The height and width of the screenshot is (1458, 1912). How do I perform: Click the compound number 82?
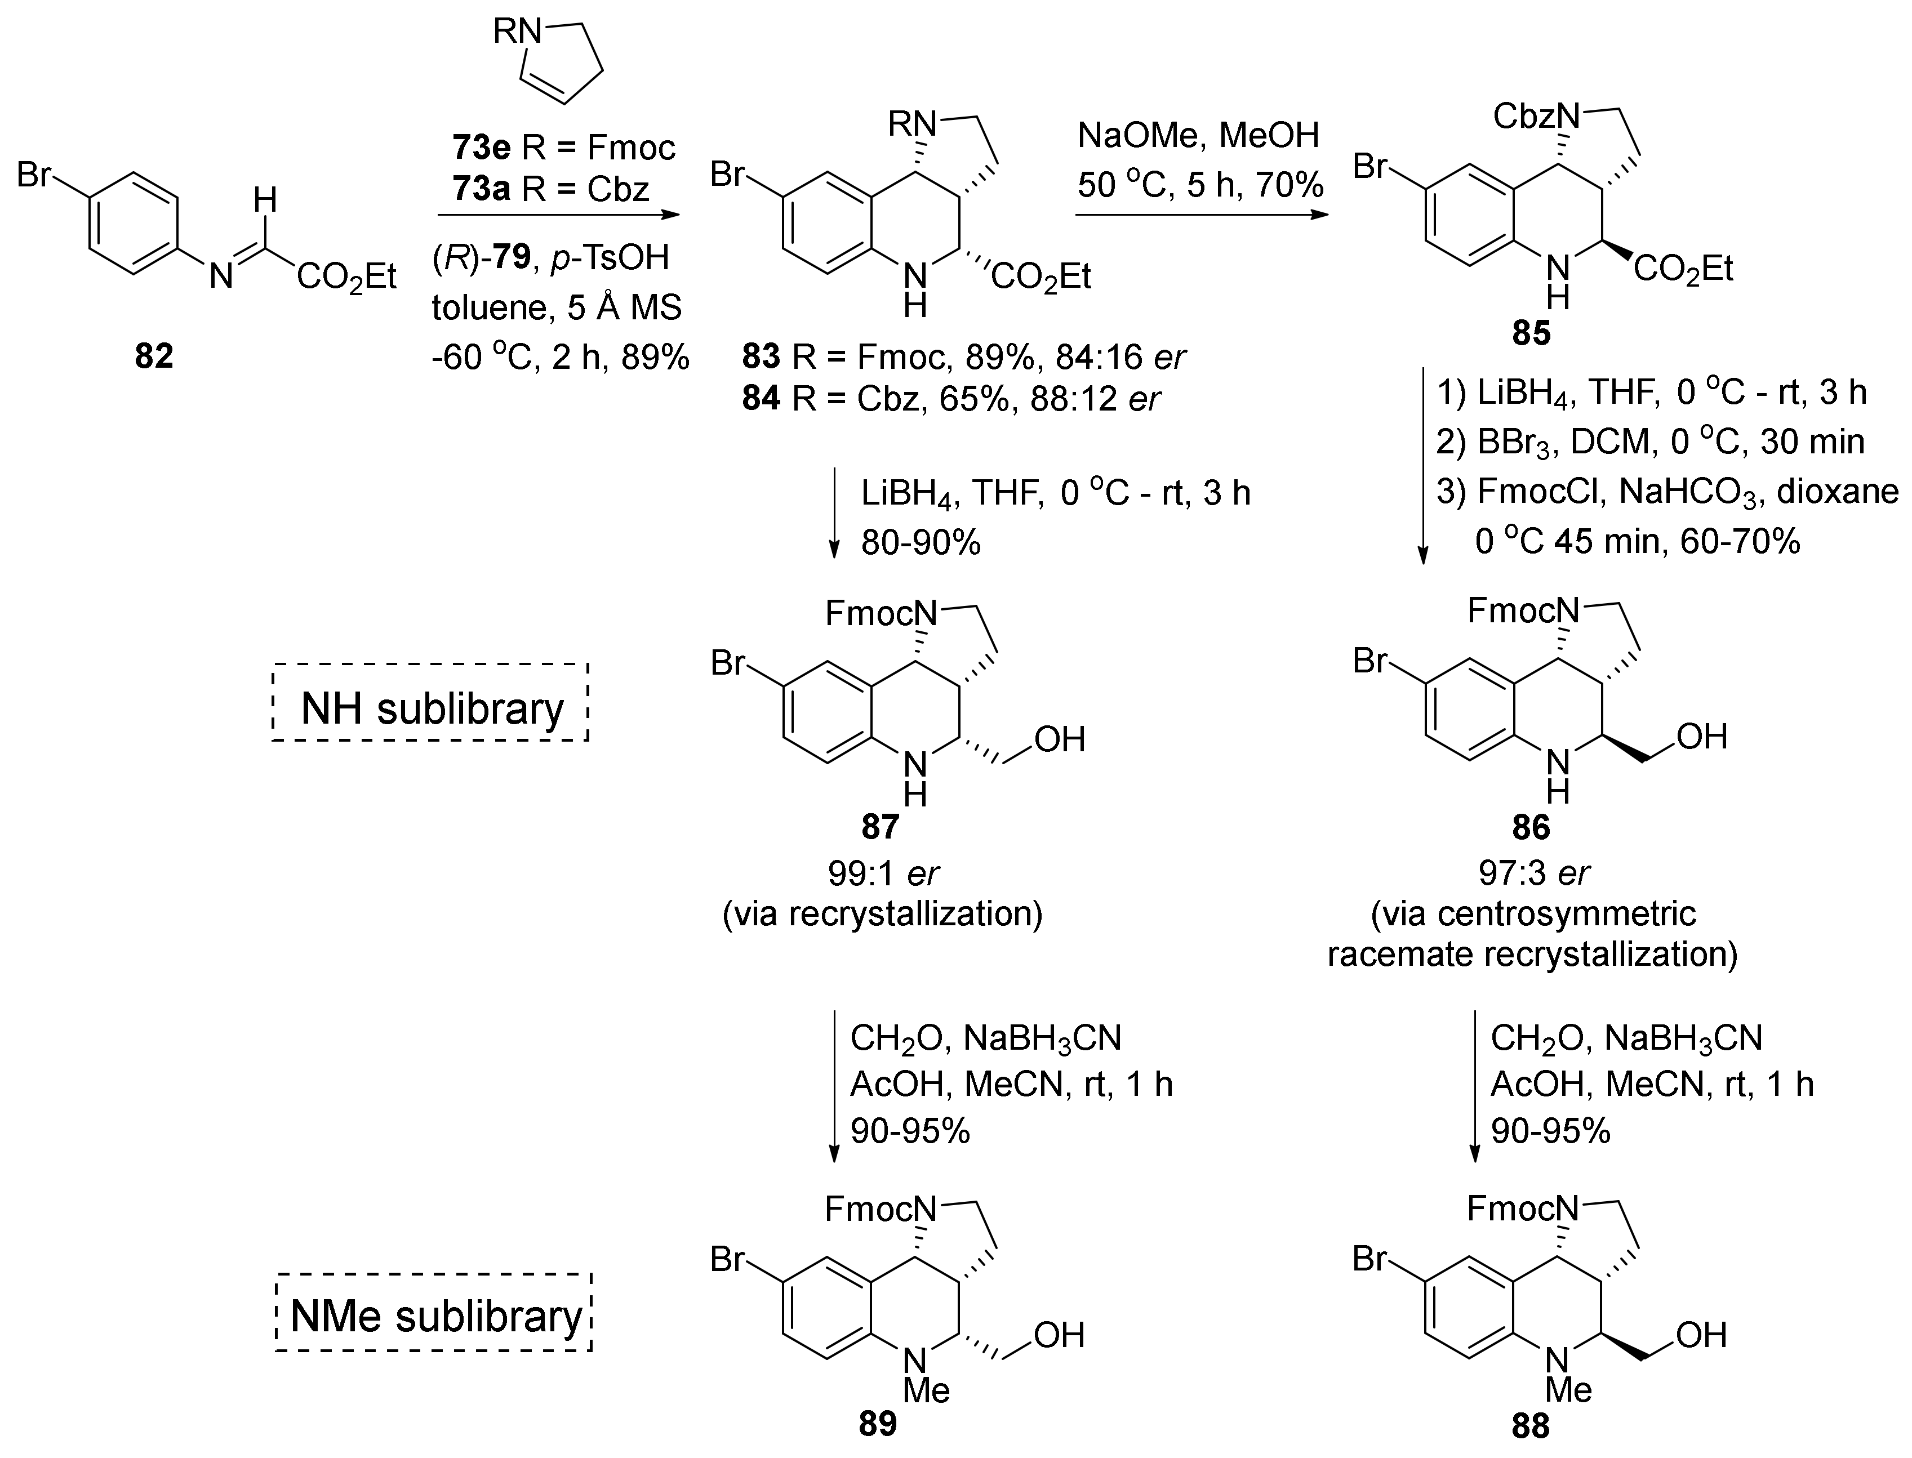pos(154,356)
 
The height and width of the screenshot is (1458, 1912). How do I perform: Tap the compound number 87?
pos(879,827)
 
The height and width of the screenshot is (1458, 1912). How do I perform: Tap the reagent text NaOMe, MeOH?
pos(1198,135)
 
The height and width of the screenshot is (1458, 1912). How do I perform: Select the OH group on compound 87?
pos(1060,739)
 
